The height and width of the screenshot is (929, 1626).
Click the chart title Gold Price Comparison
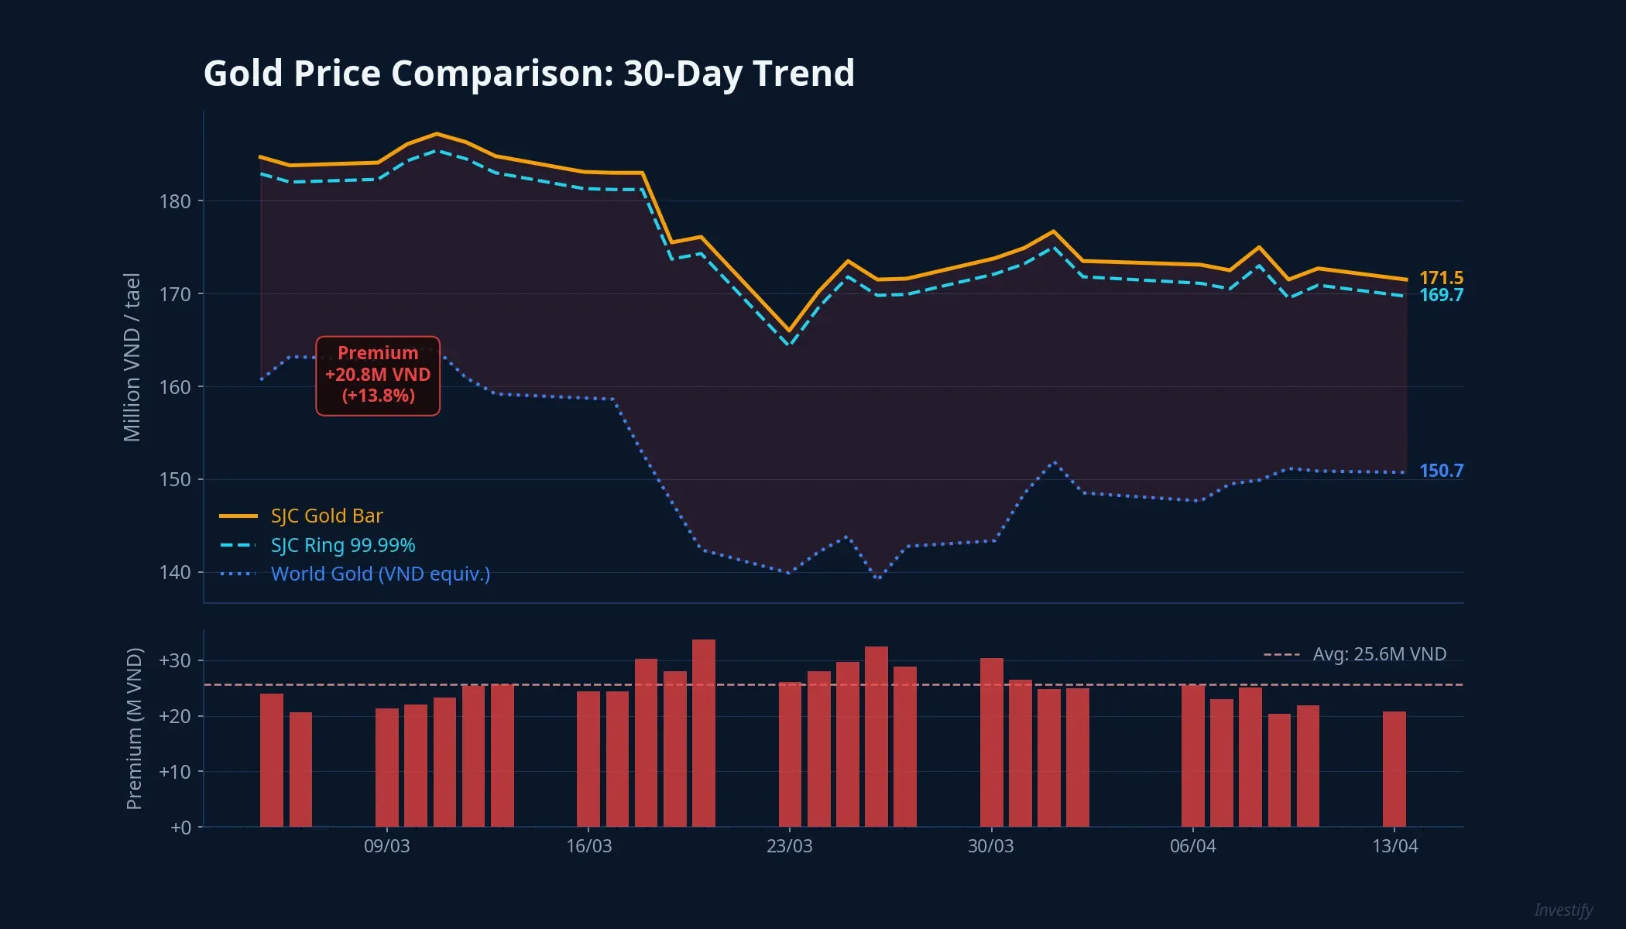(529, 74)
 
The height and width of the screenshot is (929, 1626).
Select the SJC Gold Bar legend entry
(326, 516)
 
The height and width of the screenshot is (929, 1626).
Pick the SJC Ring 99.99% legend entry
(342, 545)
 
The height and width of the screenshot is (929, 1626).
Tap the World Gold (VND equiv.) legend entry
(379, 574)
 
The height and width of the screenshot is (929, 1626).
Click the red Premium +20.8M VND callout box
(378, 375)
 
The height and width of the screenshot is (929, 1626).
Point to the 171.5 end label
(1441, 278)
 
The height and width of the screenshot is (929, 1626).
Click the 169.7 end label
(1441, 295)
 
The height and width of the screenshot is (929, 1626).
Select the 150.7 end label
(1441, 471)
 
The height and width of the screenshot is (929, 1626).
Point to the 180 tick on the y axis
(175, 201)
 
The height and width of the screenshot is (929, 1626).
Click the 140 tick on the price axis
(175, 572)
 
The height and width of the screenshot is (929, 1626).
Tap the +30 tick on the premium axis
(175, 660)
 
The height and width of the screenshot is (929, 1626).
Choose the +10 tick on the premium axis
(175, 772)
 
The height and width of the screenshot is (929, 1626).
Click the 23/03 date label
(789, 845)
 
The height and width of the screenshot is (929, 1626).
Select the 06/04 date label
(1192, 845)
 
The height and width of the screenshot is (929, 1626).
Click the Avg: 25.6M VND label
(1379, 654)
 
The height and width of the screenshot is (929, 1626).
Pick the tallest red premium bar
(703, 732)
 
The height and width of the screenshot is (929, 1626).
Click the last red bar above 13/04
(1394, 769)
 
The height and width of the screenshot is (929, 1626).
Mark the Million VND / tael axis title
(132, 357)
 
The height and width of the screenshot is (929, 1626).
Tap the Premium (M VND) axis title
(134, 728)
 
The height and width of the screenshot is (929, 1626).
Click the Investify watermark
(1563, 910)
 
